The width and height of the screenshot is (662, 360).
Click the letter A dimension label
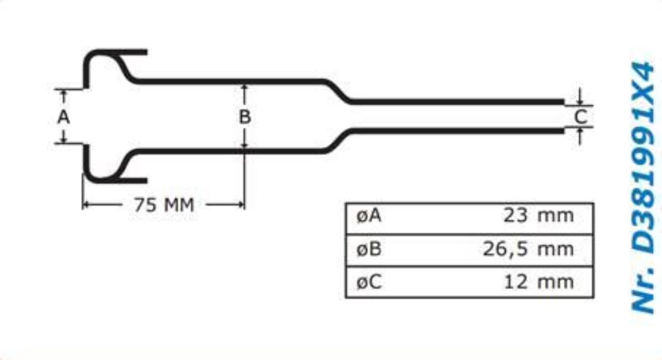(64, 117)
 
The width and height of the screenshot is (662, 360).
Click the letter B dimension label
(245, 117)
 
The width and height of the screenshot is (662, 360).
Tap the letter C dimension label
(580, 116)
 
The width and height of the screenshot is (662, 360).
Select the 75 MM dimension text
(164, 205)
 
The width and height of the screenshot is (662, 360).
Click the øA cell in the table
(369, 216)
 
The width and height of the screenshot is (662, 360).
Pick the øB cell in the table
(369, 249)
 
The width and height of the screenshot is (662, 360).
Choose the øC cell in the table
(369, 283)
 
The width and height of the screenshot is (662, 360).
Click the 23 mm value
(538, 216)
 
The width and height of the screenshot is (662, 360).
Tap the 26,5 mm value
(528, 249)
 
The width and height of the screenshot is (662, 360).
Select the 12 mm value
(538, 283)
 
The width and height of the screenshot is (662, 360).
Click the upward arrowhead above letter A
(64, 94)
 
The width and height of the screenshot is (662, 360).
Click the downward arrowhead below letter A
(64, 139)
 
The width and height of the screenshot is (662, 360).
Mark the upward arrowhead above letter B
(244, 87)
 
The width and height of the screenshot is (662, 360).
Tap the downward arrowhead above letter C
(580, 101)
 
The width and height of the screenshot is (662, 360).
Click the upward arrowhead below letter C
(580, 132)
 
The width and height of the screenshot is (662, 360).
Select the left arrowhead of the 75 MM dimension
(86, 205)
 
